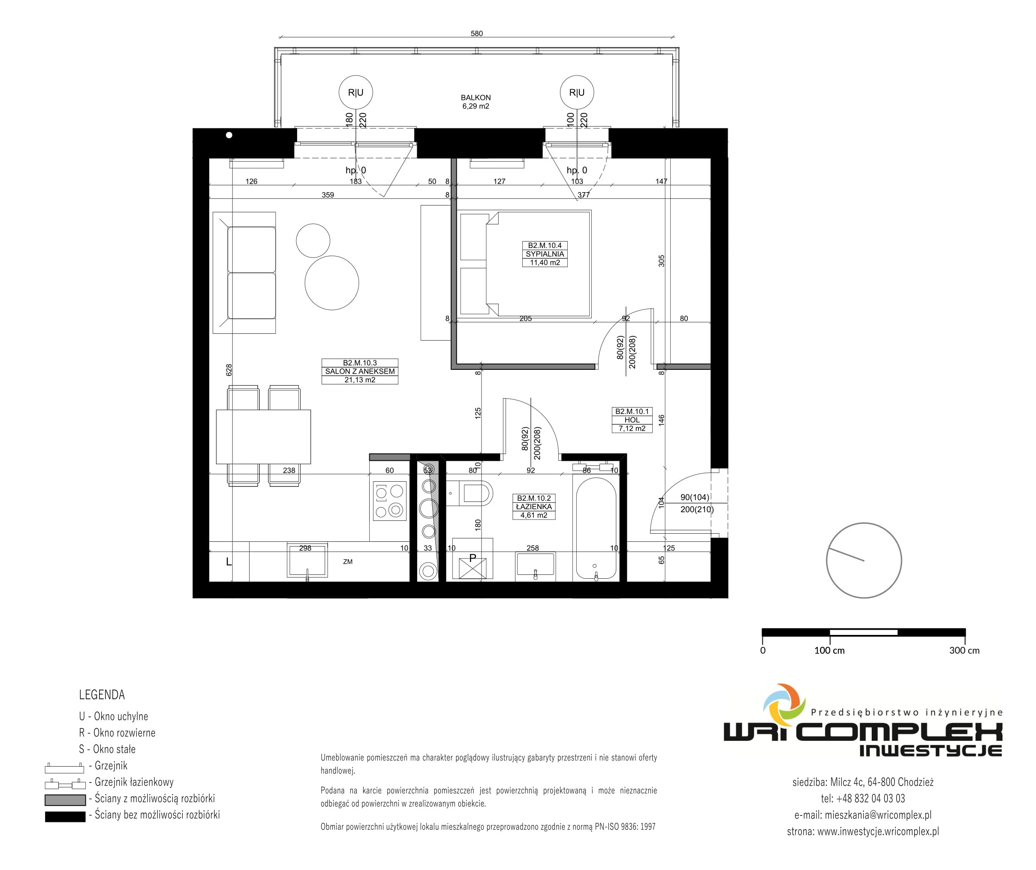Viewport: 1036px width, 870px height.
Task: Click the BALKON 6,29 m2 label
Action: tap(476, 102)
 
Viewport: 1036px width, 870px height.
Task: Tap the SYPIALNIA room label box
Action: tap(545, 254)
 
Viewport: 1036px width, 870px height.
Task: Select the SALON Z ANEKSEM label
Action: tap(360, 371)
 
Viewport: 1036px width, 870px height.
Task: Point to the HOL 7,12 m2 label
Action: tap(632, 420)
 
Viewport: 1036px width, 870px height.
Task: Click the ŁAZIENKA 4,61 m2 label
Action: tap(534, 507)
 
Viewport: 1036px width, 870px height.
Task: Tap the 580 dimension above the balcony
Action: tap(476, 33)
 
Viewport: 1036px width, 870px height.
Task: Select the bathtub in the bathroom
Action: tap(596, 529)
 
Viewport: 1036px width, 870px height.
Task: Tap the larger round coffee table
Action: tap(331, 283)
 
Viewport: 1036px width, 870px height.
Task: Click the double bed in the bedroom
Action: tap(525, 264)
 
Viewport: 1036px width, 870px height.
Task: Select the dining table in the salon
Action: tap(263, 437)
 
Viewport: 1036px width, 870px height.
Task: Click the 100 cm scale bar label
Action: tap(829, 650)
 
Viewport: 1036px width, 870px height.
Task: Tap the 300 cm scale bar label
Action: tap(964, 650)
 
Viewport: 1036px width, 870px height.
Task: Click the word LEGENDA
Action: tap(102, 695)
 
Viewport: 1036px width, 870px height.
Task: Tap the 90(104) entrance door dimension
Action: tap(695, 498)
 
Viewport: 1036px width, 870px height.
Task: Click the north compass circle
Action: tap(864, 523)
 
